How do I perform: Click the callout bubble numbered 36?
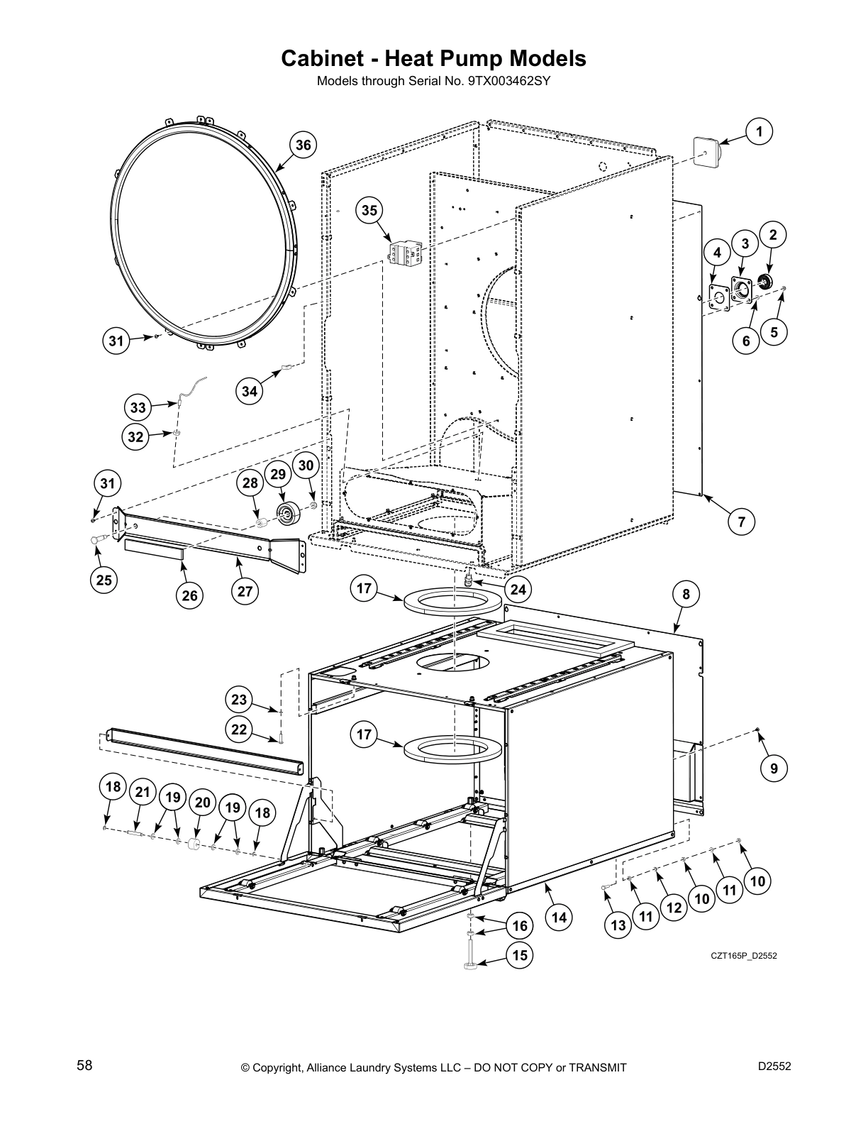(x=303, y=145)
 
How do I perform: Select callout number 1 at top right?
(x=759, y=131)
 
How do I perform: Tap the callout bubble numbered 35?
(x=369, y=211)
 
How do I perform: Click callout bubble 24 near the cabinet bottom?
(x=518, y=588)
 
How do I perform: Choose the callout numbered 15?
(x=520, y=955)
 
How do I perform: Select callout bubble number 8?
(x=686, y=593)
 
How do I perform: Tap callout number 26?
(x=189, y=595)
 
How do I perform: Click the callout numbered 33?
(x=138, y=408)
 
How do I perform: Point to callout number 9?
(x=774, y=768)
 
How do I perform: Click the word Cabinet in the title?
(x=323, y=58)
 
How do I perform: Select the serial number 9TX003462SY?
(x=509, y=81)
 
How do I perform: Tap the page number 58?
(x=84, y=1066)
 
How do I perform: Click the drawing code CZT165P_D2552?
(x=744, y=956)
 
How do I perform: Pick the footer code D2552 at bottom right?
(x=774, y=1066)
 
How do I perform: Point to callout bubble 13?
(x=618, y=925)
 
